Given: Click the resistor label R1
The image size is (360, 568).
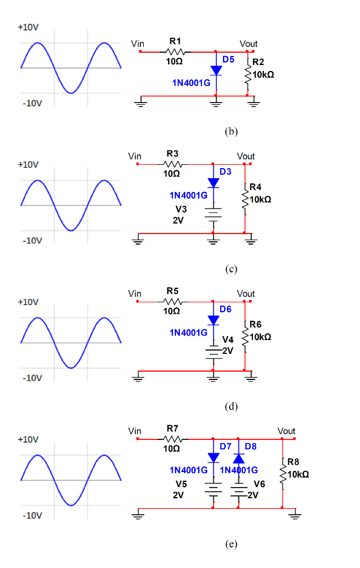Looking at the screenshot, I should click(x=175, y=41).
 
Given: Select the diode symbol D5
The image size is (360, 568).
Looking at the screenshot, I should click(x=216, y=70).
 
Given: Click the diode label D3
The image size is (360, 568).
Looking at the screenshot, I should click(x=225, y=172).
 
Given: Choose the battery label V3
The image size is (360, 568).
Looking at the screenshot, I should click(x=181, y=209).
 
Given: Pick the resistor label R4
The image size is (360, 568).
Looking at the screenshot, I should click(x=256, y=187).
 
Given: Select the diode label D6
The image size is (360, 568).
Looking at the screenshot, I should click(x=225, y=309).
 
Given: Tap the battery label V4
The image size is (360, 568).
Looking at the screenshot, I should click(x=228, y=339).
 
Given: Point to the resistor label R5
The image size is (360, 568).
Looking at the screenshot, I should click(x=172, y=291).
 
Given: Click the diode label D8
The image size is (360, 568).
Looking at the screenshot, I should click(x=250, y=446).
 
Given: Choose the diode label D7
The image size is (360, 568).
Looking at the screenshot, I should click(x=225, y=446).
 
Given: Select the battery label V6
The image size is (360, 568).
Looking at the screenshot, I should click(x=259, y=484).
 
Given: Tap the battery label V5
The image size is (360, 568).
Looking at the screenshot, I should click(x=181, y=484).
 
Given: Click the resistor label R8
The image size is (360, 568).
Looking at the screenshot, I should click(x=293, y=461).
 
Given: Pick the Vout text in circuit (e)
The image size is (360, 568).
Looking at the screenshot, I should click(x=286, y=431).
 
